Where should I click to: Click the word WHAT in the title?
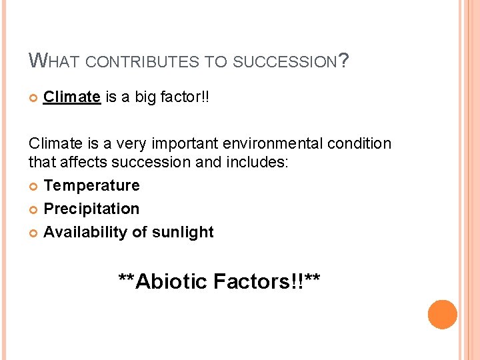55,62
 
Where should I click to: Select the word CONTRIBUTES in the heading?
140,63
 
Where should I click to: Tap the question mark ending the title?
343,61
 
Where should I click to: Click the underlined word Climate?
72,97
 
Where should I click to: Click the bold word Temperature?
91,185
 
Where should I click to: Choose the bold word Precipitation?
91,209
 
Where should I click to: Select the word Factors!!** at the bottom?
267,281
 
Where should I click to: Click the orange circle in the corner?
442,314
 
